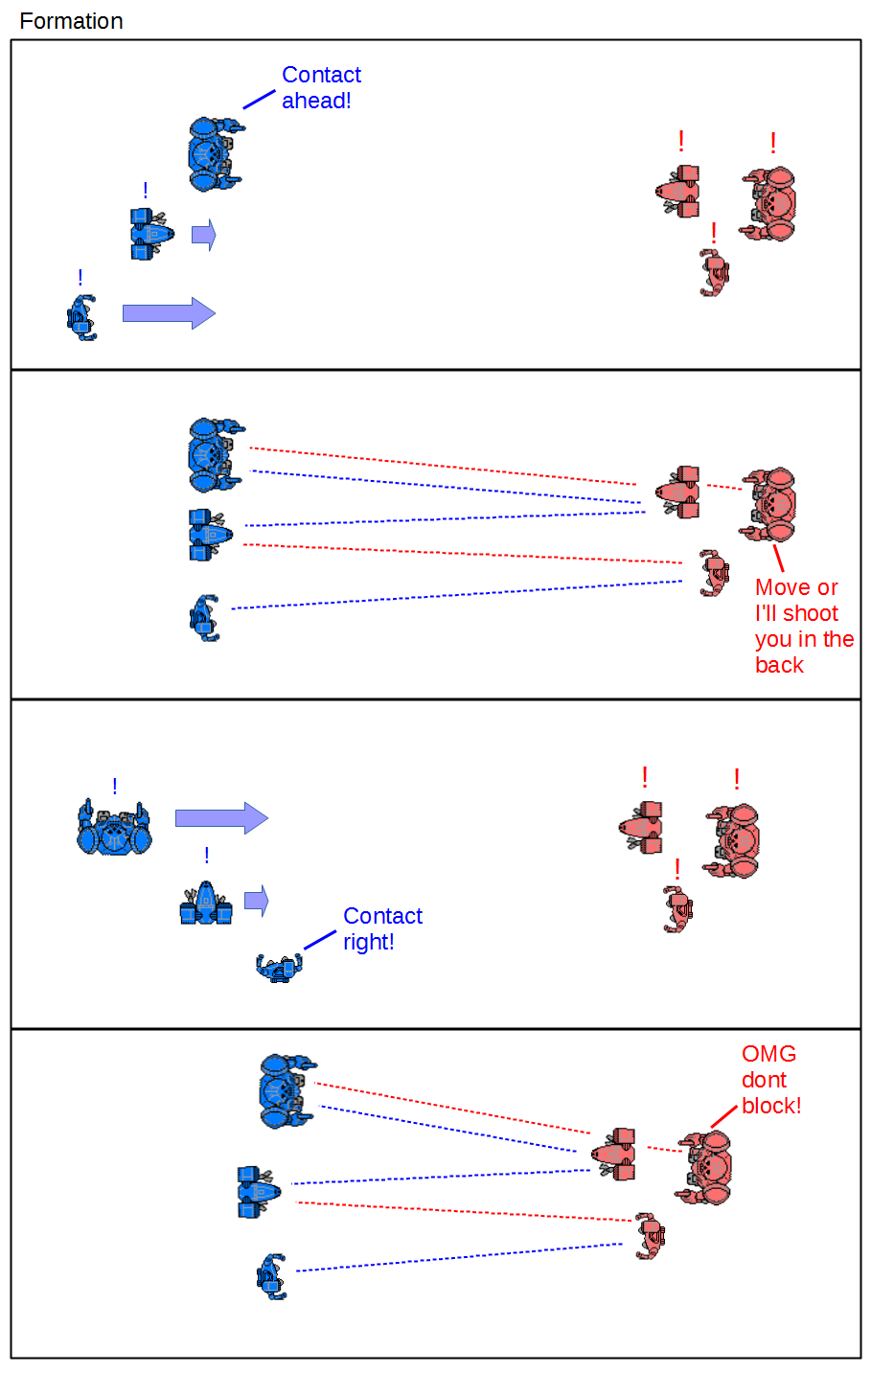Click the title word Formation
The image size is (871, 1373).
click(71, 21)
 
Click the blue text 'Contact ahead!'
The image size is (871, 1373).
click(321, 88)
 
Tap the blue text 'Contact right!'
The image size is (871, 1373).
click(382, 928)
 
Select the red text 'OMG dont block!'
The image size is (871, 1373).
click(770, 1080)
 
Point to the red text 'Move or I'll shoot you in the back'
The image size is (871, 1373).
click(803, 626)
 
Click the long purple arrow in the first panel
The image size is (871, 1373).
click(169, 313)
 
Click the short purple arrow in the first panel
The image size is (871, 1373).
click(203, 235)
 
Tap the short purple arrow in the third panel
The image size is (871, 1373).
click(256, 901)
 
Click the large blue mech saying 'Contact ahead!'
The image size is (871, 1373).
click(214, 154)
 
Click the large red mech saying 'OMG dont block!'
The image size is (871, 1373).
click(707, 1168)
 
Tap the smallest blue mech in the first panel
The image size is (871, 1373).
click(82, 318)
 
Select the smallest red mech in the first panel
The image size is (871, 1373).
click(714, 273)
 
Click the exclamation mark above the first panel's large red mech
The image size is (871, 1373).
click(773, 144)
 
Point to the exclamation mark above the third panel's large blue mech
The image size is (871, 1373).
click(115, 787)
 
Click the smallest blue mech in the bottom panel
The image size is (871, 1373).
click(272, 1276)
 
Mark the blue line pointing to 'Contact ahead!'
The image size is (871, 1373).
click(259, 99)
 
